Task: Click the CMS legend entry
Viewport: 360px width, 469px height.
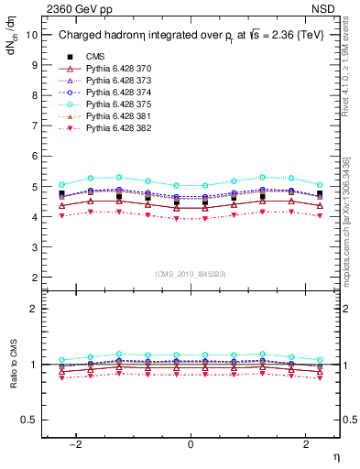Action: click(x=96, y=57)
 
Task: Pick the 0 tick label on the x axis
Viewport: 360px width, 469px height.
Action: click(x=191, y=444)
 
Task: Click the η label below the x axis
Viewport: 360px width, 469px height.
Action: click(x=334, y=457)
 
